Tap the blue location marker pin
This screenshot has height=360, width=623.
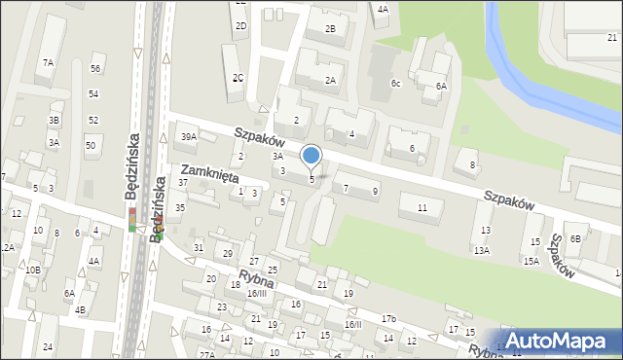coord(311,156)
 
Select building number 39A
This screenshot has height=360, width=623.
coord(188,137)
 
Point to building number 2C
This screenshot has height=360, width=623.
coord(238,77)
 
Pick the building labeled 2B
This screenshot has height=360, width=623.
coord(330,29)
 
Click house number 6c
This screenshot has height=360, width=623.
coord(396,84)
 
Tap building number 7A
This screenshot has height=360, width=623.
coord(48,62)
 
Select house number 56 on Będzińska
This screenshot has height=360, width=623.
coord(95,68)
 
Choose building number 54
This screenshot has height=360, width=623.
coord(93,93)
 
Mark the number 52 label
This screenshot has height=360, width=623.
coord(93,120)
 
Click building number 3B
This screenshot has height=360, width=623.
coord(55,120)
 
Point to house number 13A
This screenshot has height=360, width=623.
coord(481,250)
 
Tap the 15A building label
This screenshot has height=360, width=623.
coord(531,261)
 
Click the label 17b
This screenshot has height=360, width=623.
coord(388,319)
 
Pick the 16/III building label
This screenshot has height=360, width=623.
coord(257,293)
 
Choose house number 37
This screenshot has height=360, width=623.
coord(183,183)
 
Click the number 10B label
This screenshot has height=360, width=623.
coord(32,270)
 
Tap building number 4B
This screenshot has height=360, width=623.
coord(81,310)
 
